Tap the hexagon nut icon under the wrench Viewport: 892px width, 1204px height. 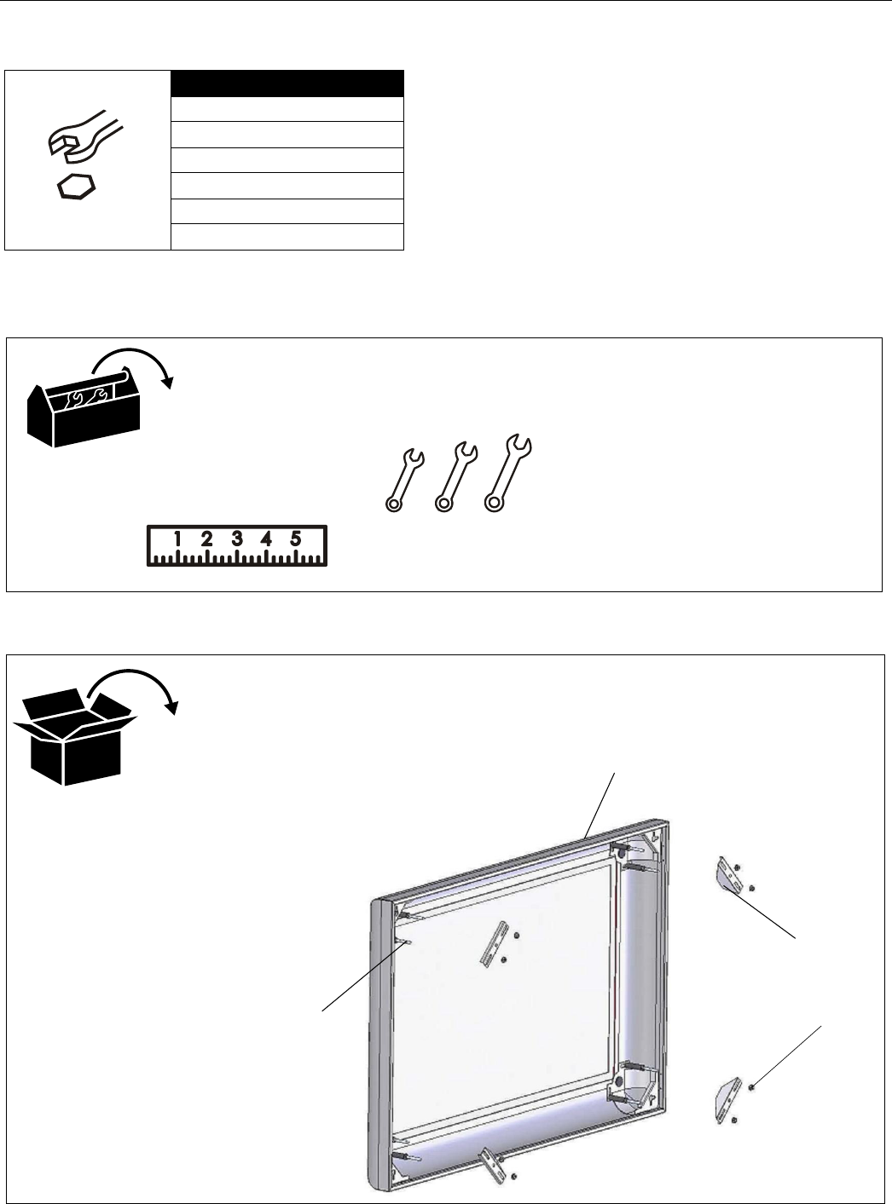point(76,188)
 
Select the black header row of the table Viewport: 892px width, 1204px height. point(287,84)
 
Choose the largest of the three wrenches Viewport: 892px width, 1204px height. point(508,474)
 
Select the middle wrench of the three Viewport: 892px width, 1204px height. point(455,478)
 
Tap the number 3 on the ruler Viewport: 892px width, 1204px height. point(237,539)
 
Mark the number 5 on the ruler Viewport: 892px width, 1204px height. point(296,539)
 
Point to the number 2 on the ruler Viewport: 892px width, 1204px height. point(207,539)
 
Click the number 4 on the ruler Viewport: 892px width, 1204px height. point(266,539)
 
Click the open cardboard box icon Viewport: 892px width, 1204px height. point(75,736)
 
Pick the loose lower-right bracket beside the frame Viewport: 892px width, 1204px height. point(724,1098)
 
